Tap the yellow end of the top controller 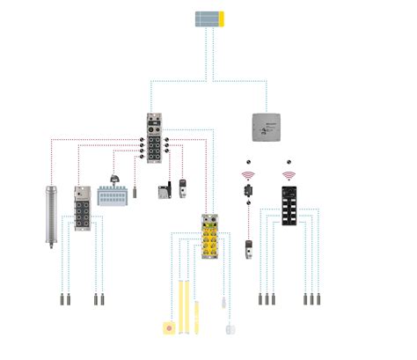point(222,18)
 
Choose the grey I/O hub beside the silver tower point(83,211)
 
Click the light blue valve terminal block point(113,196)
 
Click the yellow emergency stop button point(169,329)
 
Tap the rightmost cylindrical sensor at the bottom point(316,299)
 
